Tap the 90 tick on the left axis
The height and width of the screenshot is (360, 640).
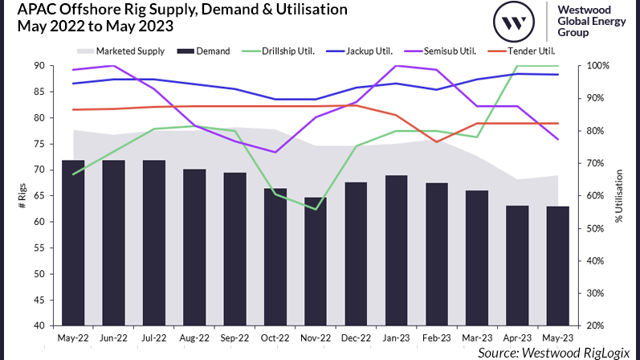pos(39,66)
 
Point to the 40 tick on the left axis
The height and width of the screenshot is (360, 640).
pos(39,326)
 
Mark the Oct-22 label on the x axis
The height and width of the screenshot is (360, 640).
pos(274,339)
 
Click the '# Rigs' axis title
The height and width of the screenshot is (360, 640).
pos(21,196)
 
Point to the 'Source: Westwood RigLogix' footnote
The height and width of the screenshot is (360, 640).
pos(555,353)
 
